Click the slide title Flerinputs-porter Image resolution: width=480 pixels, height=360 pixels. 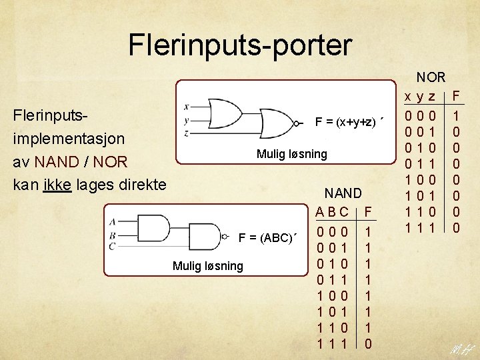tap(239, 45)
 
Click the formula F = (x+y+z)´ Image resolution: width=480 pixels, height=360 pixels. tap(349, 122)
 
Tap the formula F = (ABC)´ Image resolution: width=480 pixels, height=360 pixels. tap(267, 238)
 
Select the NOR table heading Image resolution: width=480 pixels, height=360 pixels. tap(431, 77)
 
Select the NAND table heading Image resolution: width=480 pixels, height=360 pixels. tap(343, 194)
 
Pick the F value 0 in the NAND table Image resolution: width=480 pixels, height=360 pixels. tap(369, 343)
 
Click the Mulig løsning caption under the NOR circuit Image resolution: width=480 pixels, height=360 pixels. tap(292, 154)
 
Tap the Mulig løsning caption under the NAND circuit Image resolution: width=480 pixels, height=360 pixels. tap(208, 266)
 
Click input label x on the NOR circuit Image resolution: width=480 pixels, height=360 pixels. tap(186, 107)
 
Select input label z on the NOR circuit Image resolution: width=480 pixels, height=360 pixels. tap(186, 133)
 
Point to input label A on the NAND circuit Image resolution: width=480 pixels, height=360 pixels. tap(113, 222)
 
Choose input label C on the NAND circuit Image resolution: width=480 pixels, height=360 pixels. tap(113, 246)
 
